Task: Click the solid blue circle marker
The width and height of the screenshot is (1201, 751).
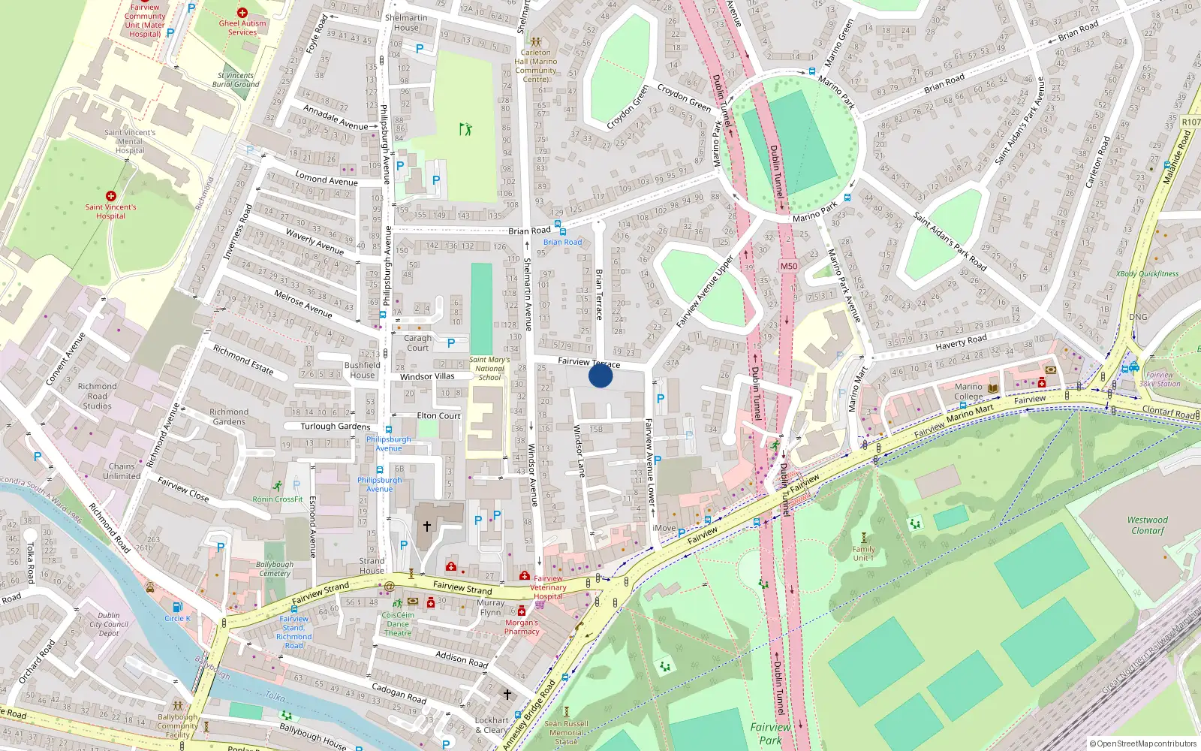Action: (x=600, y=375)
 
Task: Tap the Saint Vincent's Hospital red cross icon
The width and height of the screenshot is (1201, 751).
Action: (x=111, y=196)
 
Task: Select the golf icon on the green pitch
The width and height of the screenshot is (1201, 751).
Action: (x=466, y=129)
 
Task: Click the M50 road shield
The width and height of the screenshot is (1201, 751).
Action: (x=788, y=266)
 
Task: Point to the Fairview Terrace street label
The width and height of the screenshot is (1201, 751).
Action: (x=588, y=362)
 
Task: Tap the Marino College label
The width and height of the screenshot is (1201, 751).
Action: (x=968, y=392)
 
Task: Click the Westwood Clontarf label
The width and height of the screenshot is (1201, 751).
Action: (x=1147, y=525)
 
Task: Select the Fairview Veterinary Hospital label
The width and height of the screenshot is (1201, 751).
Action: (x=549, y=587)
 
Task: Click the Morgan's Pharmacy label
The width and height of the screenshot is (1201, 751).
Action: (x=522, y=627)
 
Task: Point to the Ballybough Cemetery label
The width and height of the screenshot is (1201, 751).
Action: (x=275, y=569)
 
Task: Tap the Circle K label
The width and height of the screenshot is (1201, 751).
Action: (x=178, y=619)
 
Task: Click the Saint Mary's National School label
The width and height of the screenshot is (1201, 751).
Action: (x=489, y=368)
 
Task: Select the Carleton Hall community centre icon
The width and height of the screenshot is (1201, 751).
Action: (x=535, y=43)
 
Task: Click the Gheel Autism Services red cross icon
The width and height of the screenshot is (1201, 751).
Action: (x=242, y=13)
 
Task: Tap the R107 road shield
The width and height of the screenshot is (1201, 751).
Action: (x=1190, y=122)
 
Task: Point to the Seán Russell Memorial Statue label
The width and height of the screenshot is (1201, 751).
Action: (x=566, y=733)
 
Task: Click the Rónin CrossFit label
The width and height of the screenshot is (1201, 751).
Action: (x=278, y=499)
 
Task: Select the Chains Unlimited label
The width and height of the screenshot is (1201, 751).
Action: (x=122, y=471)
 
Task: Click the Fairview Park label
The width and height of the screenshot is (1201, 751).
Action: (x=770, y=733)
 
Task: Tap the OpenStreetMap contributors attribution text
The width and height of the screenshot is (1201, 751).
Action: (x=1145, y=743)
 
